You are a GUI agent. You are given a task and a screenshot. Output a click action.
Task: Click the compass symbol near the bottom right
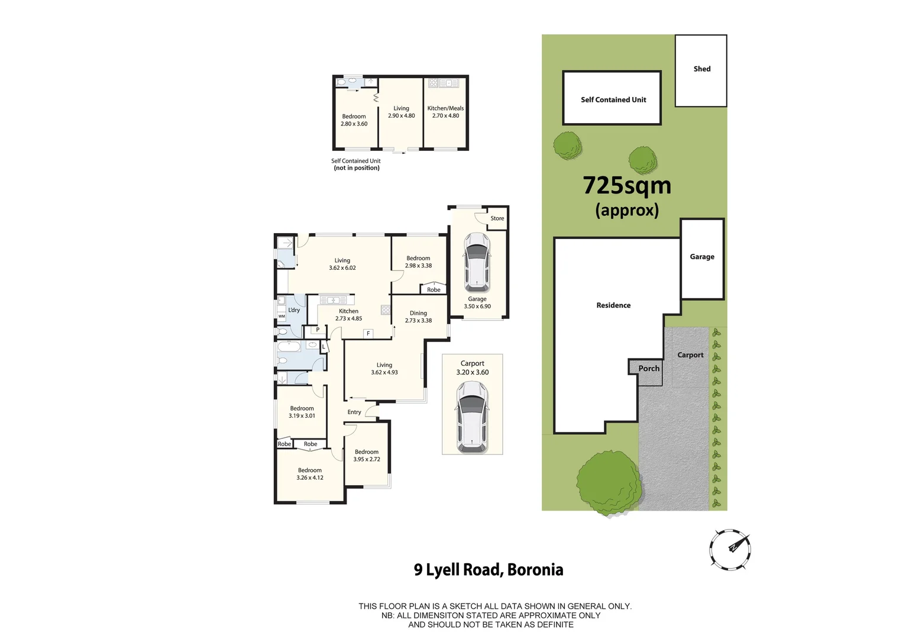click(730, 549)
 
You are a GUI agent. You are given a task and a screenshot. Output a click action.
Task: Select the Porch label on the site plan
click(648, 368)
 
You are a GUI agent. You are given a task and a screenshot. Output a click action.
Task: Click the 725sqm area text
click(627, 186)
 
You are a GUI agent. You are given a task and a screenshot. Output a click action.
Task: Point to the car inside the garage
click(477, 263)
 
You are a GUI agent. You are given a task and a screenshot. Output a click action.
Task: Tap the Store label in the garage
click(497, 218)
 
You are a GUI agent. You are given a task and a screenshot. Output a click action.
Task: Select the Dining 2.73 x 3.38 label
click(418, 317)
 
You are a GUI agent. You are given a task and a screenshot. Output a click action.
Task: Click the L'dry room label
click(294, 310)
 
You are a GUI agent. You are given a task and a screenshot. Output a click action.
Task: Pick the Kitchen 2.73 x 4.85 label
click(348, 315)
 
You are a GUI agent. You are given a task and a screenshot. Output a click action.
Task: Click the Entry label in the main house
click(354, 412)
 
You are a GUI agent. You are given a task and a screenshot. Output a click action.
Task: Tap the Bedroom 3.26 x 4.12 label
click(309, 474)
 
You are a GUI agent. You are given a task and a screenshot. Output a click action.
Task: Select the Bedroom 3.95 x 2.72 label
click(367, 456)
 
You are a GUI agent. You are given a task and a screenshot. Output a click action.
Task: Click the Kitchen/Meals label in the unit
click(445, 112)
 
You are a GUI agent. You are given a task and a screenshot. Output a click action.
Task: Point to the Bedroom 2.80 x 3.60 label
click(354, 120)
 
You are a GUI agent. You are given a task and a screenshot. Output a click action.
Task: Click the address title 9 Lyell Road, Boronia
click(489, 570)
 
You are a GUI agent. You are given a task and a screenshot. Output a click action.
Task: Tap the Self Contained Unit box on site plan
click(612, 99)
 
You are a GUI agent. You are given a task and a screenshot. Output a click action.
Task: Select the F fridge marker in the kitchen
click(368, 334)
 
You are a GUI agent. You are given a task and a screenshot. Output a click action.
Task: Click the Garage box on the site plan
click(702, 259)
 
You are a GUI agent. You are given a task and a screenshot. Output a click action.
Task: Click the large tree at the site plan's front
click(608, 480)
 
